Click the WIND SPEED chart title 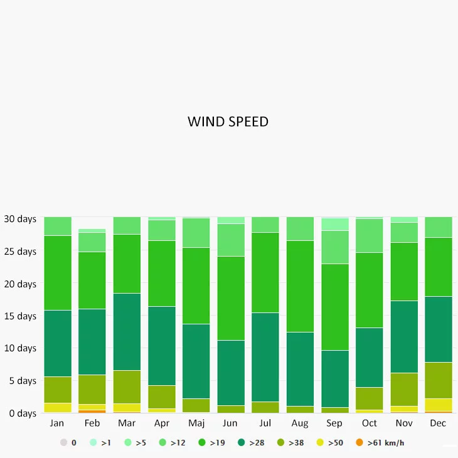[228, 122]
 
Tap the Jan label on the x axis [57, 423]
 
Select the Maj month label [196, 423]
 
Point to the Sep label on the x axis [334, 423]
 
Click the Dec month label [438, 423]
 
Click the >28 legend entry [251, 443]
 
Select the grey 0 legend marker [64, 443]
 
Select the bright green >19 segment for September [334, 307]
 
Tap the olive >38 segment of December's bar [438, 380]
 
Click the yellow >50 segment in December [438, 405]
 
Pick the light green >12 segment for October [369, 235]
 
